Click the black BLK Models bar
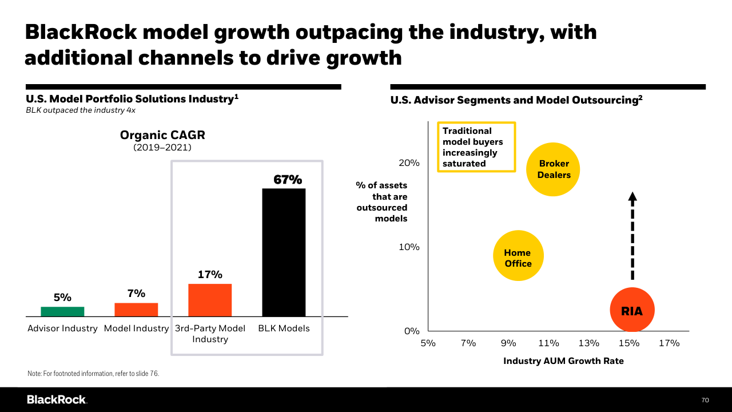pos(284,252)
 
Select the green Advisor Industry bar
pos(62,311)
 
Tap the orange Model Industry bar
pos(136,310)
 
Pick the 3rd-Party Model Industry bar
pos(210,300)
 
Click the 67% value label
pos(287,179)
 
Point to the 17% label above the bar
pos(210,274)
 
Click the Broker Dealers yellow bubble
pos(553,169)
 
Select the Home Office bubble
pos(518,256)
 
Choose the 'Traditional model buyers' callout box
pos(476,147)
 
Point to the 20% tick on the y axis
pos(409,163)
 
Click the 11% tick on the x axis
pos(548,343)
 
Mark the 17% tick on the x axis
pos(669,343)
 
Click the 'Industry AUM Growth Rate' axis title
pos(563,361)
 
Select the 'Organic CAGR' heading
pos(162,136)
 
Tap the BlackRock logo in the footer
pos(57,399)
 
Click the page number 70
pos(705,399)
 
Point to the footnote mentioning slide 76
pos(93,373)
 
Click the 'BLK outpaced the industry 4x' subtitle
pos(81,110)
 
